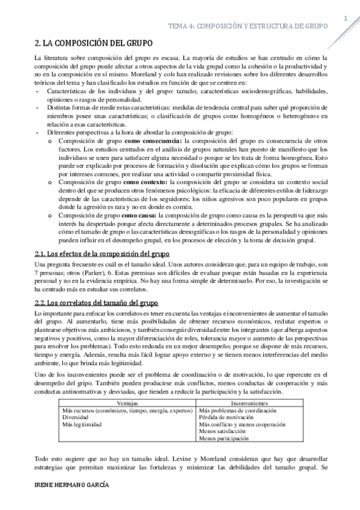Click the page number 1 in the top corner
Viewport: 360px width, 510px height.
[346, 18]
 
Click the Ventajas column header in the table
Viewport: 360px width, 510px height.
[127, 402]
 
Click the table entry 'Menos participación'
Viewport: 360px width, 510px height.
[224, 438]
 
